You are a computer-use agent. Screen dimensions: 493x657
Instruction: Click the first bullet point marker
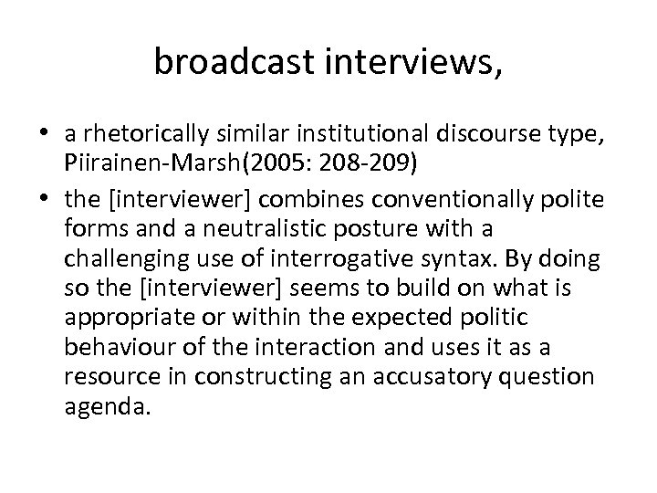tap(45, 134)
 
